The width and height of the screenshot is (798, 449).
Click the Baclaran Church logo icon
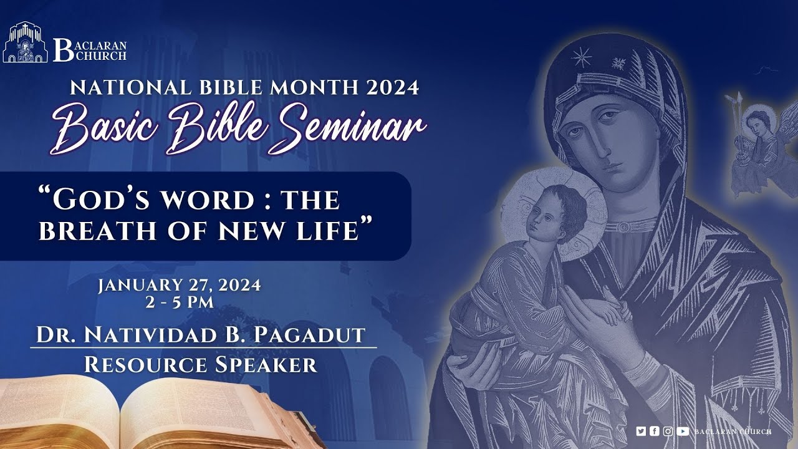click(x=26, y=42)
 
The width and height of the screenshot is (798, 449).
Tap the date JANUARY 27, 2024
click(x=179, y=286)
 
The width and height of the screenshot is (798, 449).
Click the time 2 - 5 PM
click(x=179, y=302)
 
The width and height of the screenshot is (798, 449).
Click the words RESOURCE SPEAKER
click(x=200, y=364)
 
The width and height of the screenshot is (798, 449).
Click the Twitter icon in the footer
click(x=641, y=431)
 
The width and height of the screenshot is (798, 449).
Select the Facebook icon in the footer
click(x=654, y=431)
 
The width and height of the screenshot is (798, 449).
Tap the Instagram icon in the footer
click(x=668, y=431)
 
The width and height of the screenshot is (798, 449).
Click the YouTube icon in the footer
click(x=683, y=431)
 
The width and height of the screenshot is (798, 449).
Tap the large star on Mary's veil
click(x=582, y=58)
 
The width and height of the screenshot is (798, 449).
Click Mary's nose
click(x=600, y=147)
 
